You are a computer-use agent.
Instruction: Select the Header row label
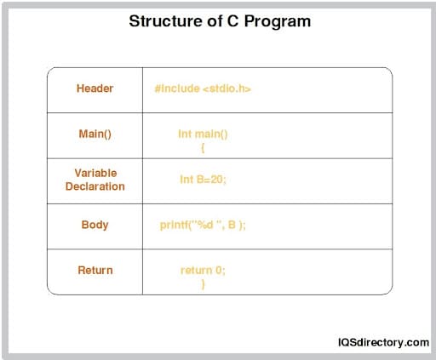[95, 89]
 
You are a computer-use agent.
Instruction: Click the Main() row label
[95, 134]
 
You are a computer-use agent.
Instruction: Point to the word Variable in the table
[95, 173]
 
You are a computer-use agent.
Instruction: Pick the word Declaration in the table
[95, 186]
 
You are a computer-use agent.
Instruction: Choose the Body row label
[95, 225]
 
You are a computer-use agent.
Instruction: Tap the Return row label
[95, 270]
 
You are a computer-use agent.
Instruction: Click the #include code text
[177, 89]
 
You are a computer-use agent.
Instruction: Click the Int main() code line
[203, 134]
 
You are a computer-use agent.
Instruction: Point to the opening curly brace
[203, 147]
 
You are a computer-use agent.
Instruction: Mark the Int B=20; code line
[203, 180]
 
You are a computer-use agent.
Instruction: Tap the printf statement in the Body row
[203, 225]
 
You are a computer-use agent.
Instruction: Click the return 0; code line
[203, 270]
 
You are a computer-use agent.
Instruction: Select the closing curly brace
[203, 284]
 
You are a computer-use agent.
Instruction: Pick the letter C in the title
[228, 20]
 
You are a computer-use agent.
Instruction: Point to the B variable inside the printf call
[231, 225]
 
